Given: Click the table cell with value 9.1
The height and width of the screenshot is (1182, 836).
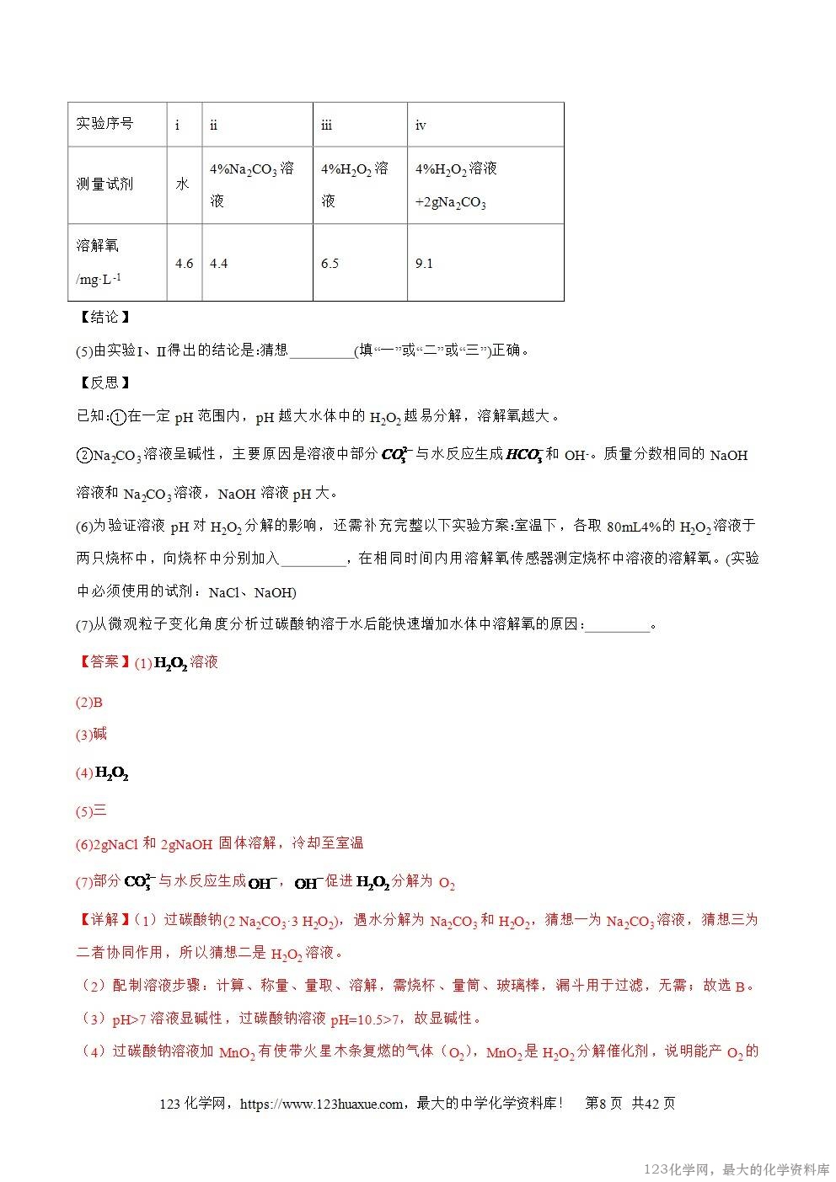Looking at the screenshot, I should pyautogui.click(x=424, y=264).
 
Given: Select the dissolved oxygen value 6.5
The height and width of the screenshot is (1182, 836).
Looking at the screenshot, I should pyautogui.click(x=330, y=264).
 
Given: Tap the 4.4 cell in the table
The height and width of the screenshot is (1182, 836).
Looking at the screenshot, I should pyautogui.click(x=218, y=264).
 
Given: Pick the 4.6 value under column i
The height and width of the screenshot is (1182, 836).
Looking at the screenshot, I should pyautogui.click(x=184, y=264).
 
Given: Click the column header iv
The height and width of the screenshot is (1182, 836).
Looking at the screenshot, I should pyautogui.click(x=421, y=126).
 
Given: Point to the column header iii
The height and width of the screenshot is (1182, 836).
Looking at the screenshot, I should pyautogui.click(x=326, y=126).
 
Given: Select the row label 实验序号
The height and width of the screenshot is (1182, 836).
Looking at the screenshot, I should pyautogui.click(x=104, y=123).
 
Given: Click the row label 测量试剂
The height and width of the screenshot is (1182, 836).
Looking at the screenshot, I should pyautogui.click(x=104, y=184).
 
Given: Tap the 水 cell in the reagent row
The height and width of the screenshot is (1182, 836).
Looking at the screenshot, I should pyautogui.click(x=182, y=184).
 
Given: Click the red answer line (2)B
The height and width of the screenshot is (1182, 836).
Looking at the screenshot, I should pyautogui.click(x=89, y=703).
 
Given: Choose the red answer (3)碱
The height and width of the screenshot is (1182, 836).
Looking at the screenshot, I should pyautogui.click(x=92, y=735).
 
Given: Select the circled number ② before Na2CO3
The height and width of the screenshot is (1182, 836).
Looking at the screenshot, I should pyautogui.click(x=84, y=455).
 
